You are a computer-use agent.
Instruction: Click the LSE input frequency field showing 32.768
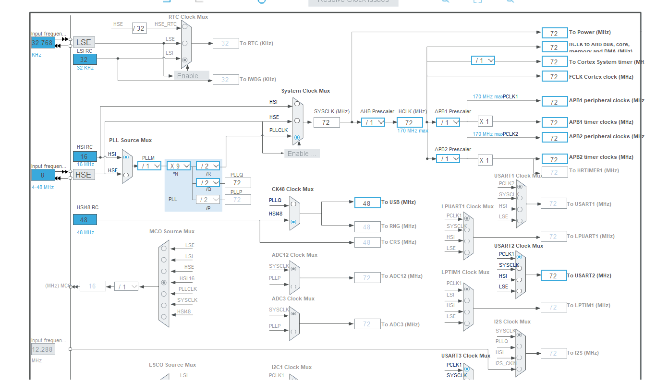42,43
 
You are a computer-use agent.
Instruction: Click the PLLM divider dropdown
149,166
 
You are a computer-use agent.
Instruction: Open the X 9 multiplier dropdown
179,166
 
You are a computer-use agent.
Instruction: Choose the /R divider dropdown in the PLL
208,166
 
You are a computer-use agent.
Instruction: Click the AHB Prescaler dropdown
373,122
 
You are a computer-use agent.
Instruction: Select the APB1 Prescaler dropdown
448,122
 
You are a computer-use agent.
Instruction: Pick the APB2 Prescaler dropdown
448,159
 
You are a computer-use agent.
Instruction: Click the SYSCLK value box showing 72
326,122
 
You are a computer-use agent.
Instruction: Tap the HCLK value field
409,123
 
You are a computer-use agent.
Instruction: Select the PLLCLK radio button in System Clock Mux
297,137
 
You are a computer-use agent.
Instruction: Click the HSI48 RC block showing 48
85,220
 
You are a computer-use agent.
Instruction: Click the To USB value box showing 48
367,203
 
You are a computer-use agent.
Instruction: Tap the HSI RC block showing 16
85,156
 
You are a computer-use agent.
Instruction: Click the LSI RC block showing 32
85,60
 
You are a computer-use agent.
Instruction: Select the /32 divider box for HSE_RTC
139,28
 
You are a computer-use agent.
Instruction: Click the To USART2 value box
553,276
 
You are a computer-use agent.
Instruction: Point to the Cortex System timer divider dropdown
483,60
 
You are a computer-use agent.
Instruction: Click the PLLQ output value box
237,183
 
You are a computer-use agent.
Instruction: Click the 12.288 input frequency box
43,349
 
